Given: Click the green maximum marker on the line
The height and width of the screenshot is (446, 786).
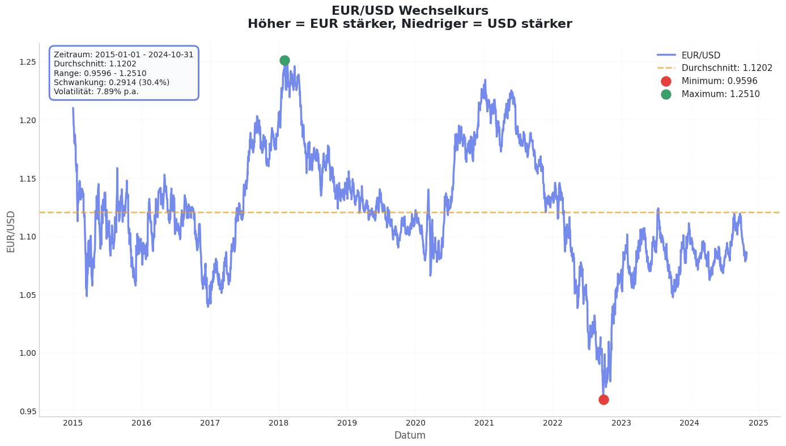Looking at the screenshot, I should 284,60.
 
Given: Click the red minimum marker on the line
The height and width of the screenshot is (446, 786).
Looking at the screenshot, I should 604,399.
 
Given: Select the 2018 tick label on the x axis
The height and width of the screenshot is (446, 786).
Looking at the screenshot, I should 278,423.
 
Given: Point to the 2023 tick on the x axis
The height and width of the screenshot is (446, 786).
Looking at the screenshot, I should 621,423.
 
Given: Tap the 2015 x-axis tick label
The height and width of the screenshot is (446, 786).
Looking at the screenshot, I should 73,423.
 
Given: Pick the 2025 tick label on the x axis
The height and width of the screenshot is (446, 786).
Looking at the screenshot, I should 758,423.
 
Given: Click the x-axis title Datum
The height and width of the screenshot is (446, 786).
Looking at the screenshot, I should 410,435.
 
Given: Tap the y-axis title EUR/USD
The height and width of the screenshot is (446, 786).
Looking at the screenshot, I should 11,231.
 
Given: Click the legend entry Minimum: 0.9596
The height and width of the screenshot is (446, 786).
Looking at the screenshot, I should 719,81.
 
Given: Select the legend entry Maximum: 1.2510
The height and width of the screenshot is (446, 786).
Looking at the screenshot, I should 720,94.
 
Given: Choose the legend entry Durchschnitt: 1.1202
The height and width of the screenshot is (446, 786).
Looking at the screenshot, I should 726,68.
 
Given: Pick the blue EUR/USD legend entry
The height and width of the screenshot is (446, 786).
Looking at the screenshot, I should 700,55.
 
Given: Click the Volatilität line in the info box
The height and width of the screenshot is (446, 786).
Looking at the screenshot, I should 96,91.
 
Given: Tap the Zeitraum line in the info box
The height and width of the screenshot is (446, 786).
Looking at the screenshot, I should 123,55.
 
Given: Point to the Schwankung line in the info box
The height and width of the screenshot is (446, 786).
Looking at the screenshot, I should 111,82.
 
